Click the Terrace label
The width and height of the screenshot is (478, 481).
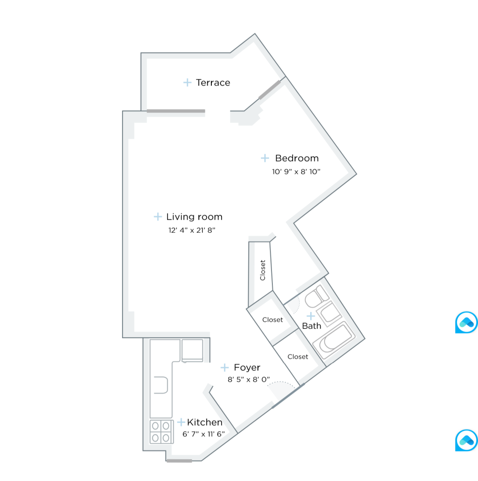pos(213,83)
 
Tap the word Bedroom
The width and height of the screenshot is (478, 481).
pos(296,158)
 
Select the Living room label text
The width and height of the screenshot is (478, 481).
pos(194,217)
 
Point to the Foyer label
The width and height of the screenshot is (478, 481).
pos(247,368)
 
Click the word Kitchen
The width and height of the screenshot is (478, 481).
pos(205,423)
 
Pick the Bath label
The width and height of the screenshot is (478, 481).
pos(311,326)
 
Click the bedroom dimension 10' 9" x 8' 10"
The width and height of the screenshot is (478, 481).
pos(296,171)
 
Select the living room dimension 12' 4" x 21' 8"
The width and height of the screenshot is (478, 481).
pos(191,230)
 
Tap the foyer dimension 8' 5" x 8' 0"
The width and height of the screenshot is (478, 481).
pos(249,380)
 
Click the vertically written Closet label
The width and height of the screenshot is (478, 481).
pos(263,270)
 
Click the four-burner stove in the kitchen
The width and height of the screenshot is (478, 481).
pos(161,431)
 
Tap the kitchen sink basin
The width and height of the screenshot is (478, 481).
pos(162,385)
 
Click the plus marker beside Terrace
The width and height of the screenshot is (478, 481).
pos(187,83)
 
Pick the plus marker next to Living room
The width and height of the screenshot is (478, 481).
pos(158,217)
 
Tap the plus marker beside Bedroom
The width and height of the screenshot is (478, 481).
pos(265,158)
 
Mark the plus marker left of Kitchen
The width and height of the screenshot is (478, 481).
pos(181,422)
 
